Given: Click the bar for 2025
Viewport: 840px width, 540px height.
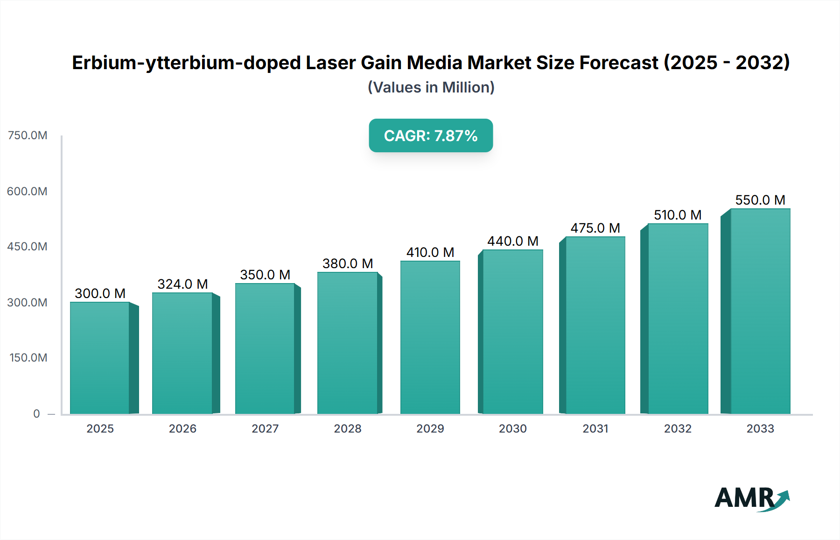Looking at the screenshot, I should pyautogui.click(x=100, y=358).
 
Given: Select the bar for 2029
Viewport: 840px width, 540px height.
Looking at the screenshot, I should pyautogui.click(x=430, y=337).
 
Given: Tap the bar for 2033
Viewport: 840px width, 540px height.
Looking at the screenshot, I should pyautogui.click(x=760, y=311).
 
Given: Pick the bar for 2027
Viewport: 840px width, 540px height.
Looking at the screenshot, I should pyautogui.click(x=265, y=348).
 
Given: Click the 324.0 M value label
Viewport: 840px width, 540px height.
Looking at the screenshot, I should pyautogui.click(x=182, y=284).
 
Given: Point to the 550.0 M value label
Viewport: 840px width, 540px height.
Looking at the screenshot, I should pyautogui.click(x=760, y=200).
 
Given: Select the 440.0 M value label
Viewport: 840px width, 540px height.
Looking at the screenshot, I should pyautogui.click(x=512, y=241).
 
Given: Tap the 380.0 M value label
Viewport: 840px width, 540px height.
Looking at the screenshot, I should pyautogui.click(x=348, y=263).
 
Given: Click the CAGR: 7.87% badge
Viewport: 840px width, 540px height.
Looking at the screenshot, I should pyautogui.click(x=431, y=135).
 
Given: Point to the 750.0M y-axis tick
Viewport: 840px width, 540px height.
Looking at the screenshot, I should pyautogui.click(x=28, y=135).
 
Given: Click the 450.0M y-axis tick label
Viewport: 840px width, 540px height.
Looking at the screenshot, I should pyautogui.click(x=28, y=247).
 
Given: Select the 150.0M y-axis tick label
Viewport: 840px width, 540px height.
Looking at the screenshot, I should pyautogui.click(x=28, y=358).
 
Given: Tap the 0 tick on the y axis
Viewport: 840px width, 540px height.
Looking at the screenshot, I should pyautogui.click(x=36, y=413).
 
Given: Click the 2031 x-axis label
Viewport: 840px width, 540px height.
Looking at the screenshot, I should pyautogui.click(x=595, y=428).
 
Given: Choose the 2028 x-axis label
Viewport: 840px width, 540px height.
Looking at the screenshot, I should pyautogui.click(x=348, y=428).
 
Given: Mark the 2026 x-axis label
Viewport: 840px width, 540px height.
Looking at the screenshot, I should pyautogui.click(x=182, y=428).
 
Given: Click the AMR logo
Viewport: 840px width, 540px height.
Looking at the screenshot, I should pyautogui.click(x=751, y=498).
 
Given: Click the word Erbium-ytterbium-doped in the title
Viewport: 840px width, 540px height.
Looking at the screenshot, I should pyautogui.click(x=186, y=63).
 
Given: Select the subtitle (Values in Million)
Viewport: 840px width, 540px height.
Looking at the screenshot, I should pyautogui.click(x=431, y=87).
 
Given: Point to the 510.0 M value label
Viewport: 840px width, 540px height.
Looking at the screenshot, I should pyautogui.click(x=678, y=215).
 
